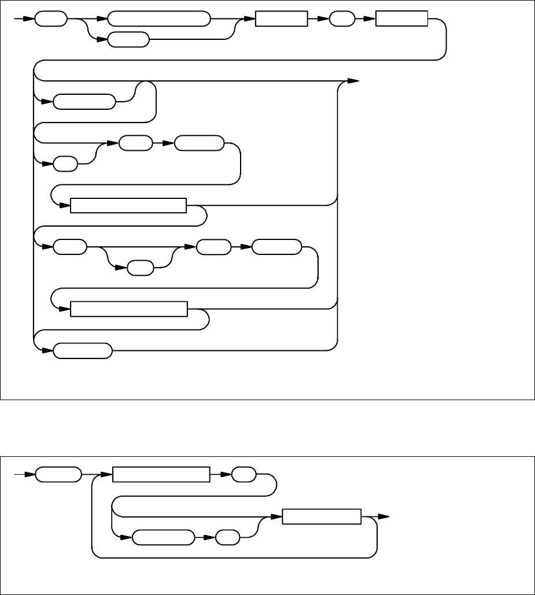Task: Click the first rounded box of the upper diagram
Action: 51,19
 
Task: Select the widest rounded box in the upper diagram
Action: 158,19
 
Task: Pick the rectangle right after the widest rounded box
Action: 281,19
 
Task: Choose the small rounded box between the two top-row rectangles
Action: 342,19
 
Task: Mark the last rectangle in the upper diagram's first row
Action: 402,19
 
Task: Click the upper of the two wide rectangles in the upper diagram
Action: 128,205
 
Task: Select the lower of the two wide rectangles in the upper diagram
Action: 129,309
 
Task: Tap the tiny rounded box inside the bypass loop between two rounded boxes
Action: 141,268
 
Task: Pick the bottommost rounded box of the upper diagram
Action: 83,350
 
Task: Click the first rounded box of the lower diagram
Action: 58,475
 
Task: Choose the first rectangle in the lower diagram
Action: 160,475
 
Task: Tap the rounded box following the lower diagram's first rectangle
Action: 243,475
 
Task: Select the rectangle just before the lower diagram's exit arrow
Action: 322,517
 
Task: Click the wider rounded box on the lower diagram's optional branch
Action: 163,538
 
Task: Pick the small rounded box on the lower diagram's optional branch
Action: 227,538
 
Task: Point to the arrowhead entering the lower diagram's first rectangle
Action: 107,475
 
